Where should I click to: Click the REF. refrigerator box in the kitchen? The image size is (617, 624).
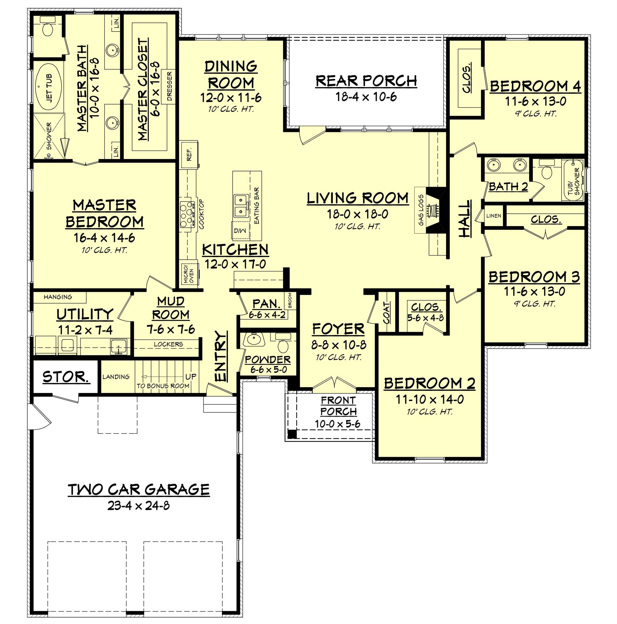point(189,154)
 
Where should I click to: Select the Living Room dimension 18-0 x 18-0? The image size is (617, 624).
point(357,214)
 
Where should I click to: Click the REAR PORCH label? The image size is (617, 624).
point(366,81)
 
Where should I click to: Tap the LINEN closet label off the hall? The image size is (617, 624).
point(494,215)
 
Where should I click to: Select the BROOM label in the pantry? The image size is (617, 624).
point(290,300)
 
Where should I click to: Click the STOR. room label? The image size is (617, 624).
point(66,377)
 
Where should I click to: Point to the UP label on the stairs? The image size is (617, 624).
point(191,377)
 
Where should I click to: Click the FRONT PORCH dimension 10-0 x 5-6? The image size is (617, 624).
point(338,424)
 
